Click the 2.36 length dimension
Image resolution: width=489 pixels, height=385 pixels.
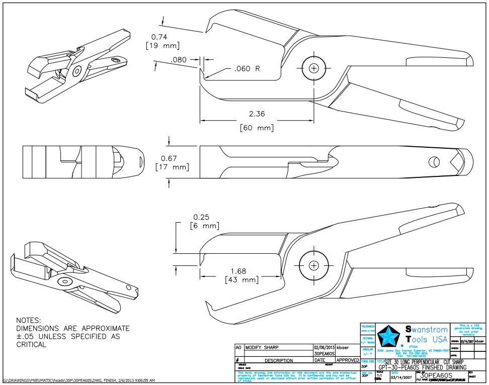tap(257, 114)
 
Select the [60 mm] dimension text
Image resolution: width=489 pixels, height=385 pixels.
tap(257, 128)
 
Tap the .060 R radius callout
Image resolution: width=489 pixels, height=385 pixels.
tap(247, 68)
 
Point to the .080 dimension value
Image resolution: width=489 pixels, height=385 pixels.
tap(179, 60)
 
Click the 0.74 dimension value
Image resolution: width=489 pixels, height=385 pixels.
tap(159, 37)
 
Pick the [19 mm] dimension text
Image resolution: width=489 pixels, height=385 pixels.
tap(164, 46)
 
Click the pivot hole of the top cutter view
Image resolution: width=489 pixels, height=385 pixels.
tap(314, 67)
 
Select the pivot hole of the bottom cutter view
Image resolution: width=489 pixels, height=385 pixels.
tap(314, 264)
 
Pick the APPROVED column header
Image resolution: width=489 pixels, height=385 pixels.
tap(347, 360)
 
